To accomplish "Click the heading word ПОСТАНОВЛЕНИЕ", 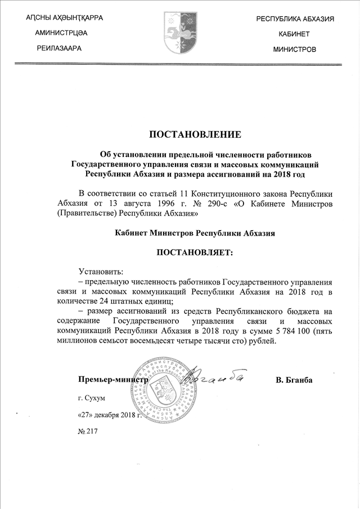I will [x=195, y=134].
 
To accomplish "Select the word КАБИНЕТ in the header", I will [x=294, y=34].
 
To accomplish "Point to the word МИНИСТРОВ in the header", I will [x=294, y=49].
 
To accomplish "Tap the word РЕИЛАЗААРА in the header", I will [x=59, y=48].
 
